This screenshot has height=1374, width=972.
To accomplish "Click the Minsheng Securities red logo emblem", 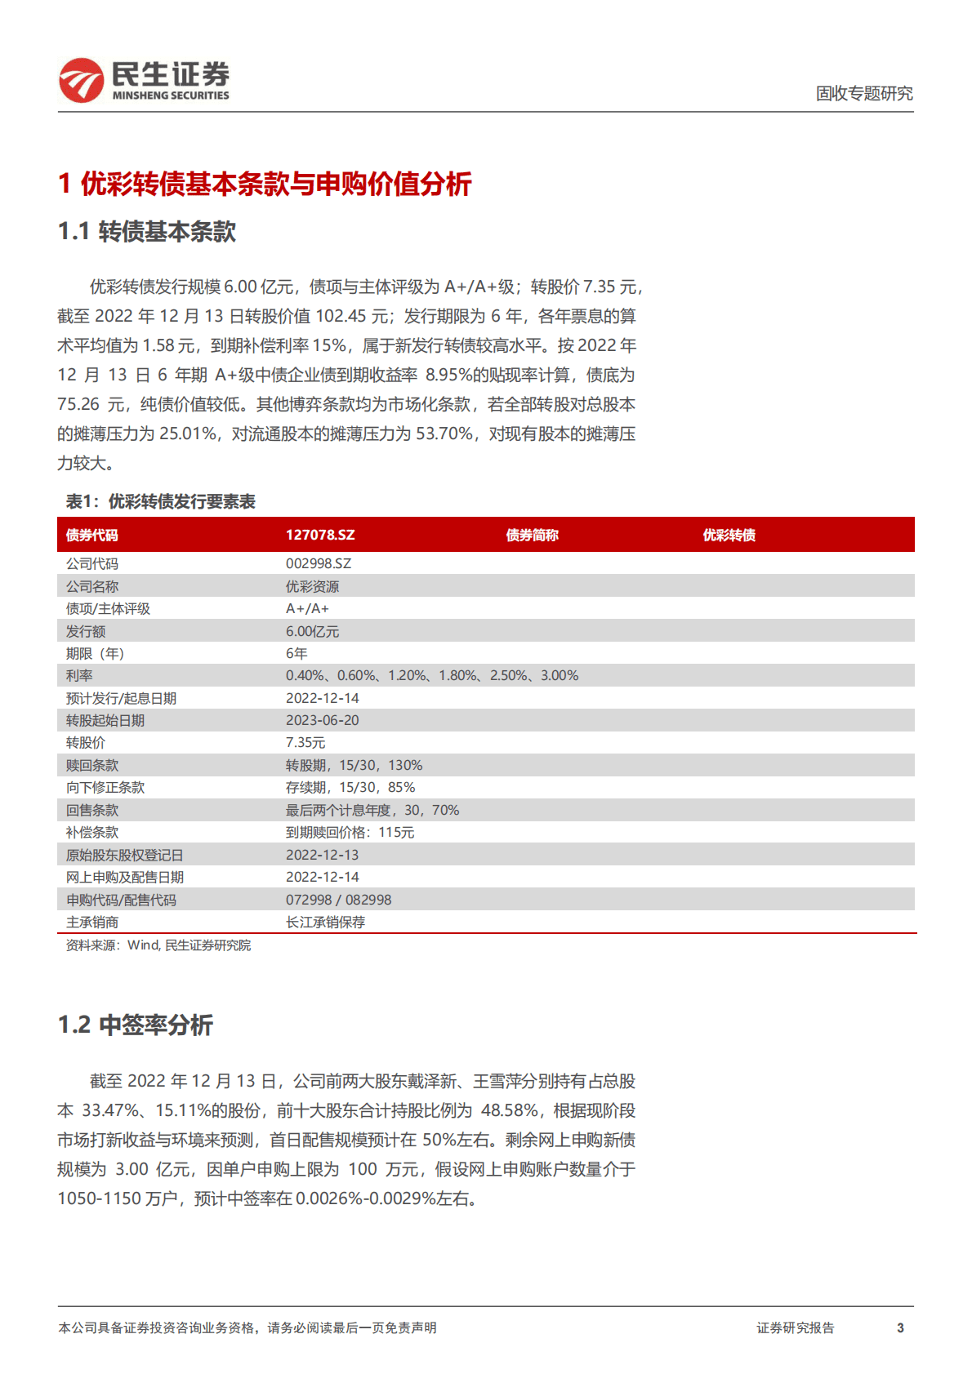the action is point(81,80).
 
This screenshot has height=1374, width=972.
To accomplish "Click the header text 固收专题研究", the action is point(864,94).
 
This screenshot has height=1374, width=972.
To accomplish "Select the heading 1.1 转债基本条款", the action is point(147,232).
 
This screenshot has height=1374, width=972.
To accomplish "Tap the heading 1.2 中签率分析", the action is point(136,1025).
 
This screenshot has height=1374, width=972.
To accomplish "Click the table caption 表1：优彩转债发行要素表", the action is point(161,501).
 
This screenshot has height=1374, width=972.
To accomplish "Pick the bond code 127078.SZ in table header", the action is point(320,535).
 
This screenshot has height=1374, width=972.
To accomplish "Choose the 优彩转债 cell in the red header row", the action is point(729,535).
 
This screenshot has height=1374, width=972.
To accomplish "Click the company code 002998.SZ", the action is point(319,563).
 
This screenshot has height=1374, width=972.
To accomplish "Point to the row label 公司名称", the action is point(92,586).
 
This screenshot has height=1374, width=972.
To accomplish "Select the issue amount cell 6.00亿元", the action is point(312,631).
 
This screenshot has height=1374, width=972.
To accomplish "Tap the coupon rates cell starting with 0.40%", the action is point(431,675).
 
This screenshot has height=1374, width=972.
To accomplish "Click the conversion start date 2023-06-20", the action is point(322,720).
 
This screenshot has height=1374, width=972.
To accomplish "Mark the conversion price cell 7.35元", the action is point(305,742).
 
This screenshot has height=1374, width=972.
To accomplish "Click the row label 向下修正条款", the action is point(105,787).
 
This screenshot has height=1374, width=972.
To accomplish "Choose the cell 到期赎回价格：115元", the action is point(350,832).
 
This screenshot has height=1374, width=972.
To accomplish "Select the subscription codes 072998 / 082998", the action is point(338,899).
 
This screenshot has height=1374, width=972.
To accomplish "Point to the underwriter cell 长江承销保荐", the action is point(325,922).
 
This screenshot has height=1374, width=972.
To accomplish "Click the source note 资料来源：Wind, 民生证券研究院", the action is point(158,945).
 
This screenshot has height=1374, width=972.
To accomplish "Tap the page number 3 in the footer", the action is point(900,1327).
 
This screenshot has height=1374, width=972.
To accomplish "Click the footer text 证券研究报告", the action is point(795,1327).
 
